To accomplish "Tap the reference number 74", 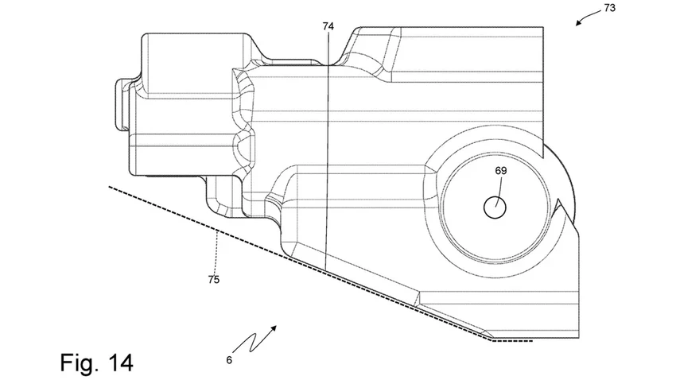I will [328, 26].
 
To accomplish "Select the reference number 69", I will [500, 170].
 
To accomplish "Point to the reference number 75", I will [214, 280].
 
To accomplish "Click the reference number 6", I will [229, 359].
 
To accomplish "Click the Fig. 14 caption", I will [96, 362].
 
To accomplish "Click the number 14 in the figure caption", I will [118, 362].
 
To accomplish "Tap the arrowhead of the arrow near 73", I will [578, 23].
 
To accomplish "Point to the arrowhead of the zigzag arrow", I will [274, 326].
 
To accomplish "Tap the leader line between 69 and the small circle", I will [499, 187].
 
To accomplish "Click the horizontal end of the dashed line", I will [518, 339].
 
